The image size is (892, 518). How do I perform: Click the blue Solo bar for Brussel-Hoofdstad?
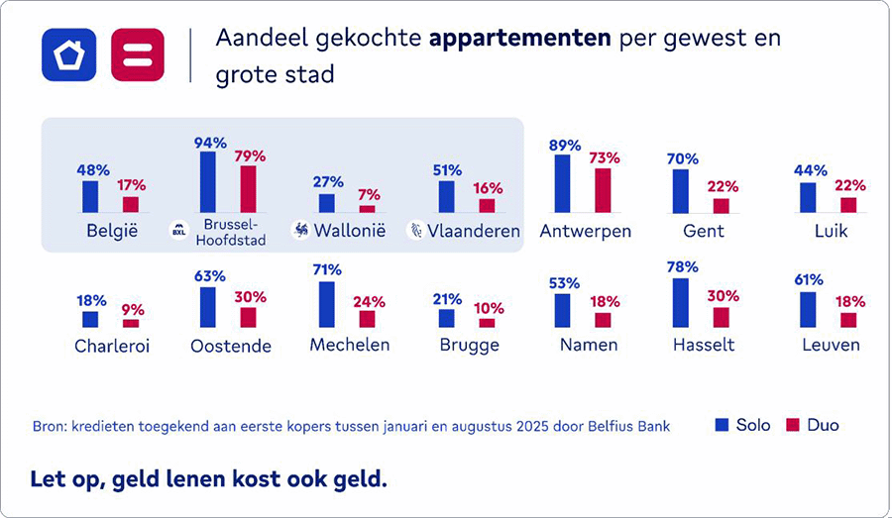pyautogui.click(x=208, y=182)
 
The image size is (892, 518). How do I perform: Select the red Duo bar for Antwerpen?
pyautogui.click(x=603, y=190)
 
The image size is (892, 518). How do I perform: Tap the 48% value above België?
pyautogui.click(x=93, y=169)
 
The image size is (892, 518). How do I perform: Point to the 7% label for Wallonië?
pyautogui.click(x=369, y=194)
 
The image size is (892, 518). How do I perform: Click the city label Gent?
pyautogui.click(x=703, y=231)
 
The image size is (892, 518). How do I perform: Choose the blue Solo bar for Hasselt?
pyautogui.click(x=680, y=302)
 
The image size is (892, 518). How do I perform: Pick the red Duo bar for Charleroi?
pyautogui.click(x=131, y=323)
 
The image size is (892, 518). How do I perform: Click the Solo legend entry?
pyautogui.click(x=742, y=425)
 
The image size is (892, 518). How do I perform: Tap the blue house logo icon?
pyautogui.click(x=68, y=54)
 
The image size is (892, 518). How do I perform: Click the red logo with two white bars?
pyautogui.click(x=138, y=54)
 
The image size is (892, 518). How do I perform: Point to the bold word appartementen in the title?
pyautogui.click(x=519, y=40)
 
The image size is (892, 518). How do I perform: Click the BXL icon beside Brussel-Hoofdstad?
pyautogui.click(x=179, y=231)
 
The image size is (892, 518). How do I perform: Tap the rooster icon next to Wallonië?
pyautogui.click(x=300, y=230)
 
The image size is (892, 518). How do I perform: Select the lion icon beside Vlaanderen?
pyautogui.click(x=417, y=230)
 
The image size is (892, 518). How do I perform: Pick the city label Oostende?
pyautogui.click(x=231, y=347)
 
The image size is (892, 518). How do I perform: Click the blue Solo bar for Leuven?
pyautogui.click(x=808, y=309)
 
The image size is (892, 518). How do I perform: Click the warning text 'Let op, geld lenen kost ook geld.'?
pyautogui.click(x=208, y=479)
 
